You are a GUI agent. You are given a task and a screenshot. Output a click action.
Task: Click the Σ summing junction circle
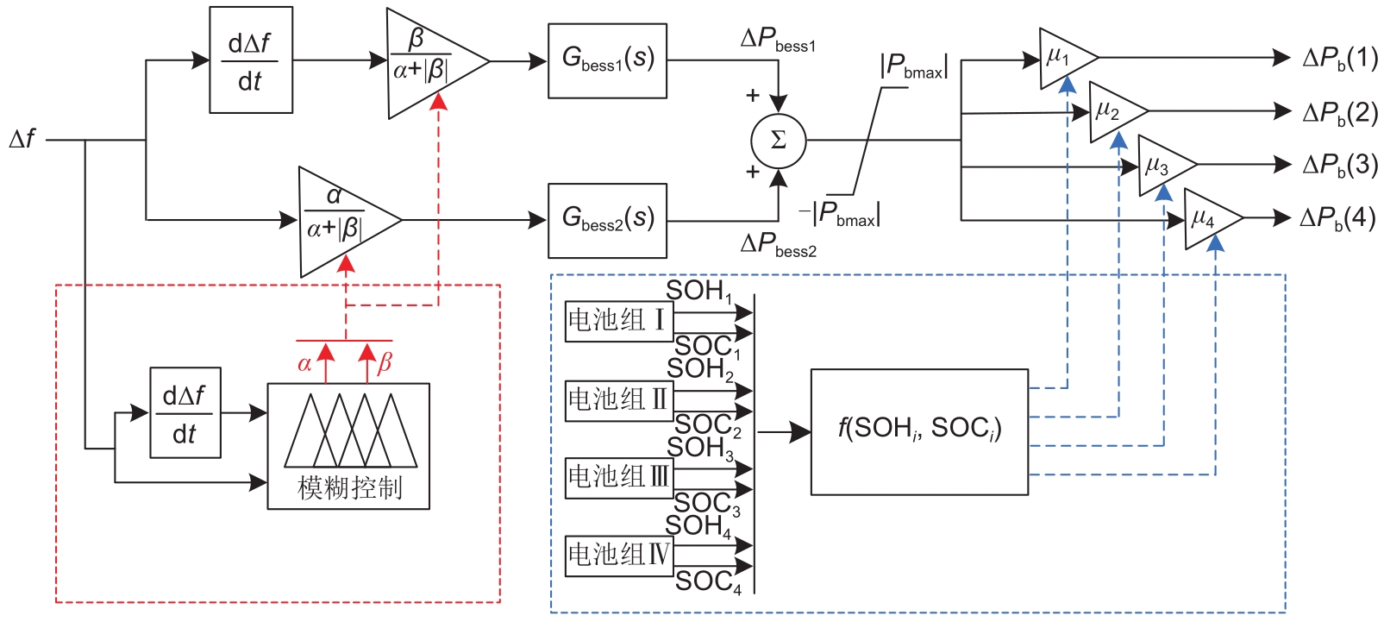coord(778,141)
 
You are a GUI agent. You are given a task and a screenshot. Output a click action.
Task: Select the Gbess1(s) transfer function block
coord(607,60)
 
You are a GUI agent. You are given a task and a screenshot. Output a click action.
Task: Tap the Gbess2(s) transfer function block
coord(607,220)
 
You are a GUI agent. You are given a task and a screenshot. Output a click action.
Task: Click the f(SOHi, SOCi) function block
coord(919,431)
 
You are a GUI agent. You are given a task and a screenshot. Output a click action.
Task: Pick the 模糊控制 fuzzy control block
coord(348,446)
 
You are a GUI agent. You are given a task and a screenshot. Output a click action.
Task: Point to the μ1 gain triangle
coord(1063,59)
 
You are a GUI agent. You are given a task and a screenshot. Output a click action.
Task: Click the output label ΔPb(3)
coord(1340,165)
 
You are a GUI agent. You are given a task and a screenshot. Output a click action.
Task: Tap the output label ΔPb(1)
coord(1340,59)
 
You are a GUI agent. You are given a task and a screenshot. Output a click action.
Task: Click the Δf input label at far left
coord(22,139)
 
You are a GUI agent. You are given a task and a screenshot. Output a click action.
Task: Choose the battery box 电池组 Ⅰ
coord(618,321)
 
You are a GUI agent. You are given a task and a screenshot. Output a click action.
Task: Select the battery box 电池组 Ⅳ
coord(618,555)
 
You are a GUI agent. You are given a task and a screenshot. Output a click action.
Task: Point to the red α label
coord(304,364)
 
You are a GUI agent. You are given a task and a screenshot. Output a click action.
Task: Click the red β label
coord(385,363)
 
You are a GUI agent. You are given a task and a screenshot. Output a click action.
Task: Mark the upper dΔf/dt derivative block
coord(251,60)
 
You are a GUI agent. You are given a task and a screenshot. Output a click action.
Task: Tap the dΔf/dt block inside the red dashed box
coord(185,413)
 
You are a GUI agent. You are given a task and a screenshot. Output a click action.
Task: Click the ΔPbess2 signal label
coord(778,246)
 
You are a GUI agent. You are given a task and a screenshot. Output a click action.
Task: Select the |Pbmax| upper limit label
coord(914,67)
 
